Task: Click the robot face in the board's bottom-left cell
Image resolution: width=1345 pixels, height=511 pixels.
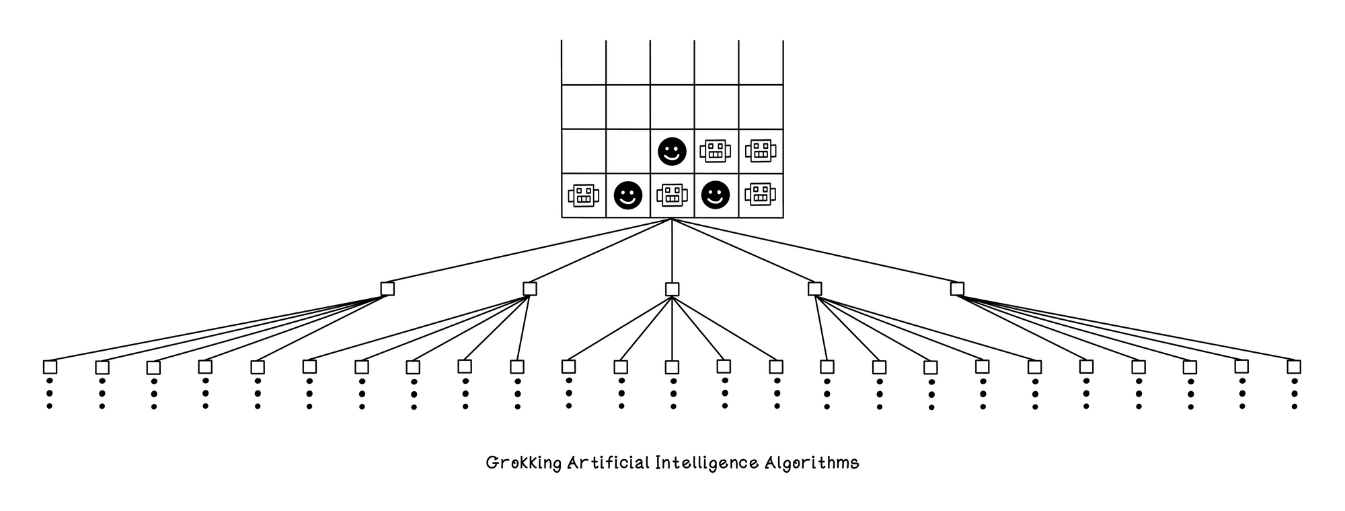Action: pos(583,196)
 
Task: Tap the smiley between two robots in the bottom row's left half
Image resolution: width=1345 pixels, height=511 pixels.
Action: pos(628,196)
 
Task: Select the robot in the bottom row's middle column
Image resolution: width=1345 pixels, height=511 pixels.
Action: pos(672,196)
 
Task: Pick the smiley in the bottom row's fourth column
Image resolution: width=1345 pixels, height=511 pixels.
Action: pos(716,196)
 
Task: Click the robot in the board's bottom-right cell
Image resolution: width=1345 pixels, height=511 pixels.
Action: pos(760,195)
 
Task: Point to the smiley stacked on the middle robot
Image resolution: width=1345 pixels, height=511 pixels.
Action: pos(672,151)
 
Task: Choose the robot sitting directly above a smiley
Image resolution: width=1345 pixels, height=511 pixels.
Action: pos(715,151)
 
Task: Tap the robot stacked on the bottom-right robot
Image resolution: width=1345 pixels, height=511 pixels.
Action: pos(760,151)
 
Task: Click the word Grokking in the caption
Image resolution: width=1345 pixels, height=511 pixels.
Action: pos(523,464)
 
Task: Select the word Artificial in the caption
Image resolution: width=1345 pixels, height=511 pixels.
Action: pos(609,463)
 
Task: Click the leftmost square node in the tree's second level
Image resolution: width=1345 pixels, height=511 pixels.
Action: pos(387,289)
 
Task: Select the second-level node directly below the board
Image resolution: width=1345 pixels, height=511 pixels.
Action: pos(672,289)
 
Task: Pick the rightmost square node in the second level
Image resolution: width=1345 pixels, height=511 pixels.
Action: pos(957,289)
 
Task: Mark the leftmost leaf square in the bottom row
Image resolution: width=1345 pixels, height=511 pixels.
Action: pos(50,367)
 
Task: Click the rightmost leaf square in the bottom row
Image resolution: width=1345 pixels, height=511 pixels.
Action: pos(1294,367)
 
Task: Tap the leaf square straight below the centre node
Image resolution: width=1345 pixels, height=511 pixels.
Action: pos(672,367)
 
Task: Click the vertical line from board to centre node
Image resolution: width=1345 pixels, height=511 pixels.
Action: pos(672,250)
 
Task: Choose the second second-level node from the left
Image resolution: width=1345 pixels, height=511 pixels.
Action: pos(530,289)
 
